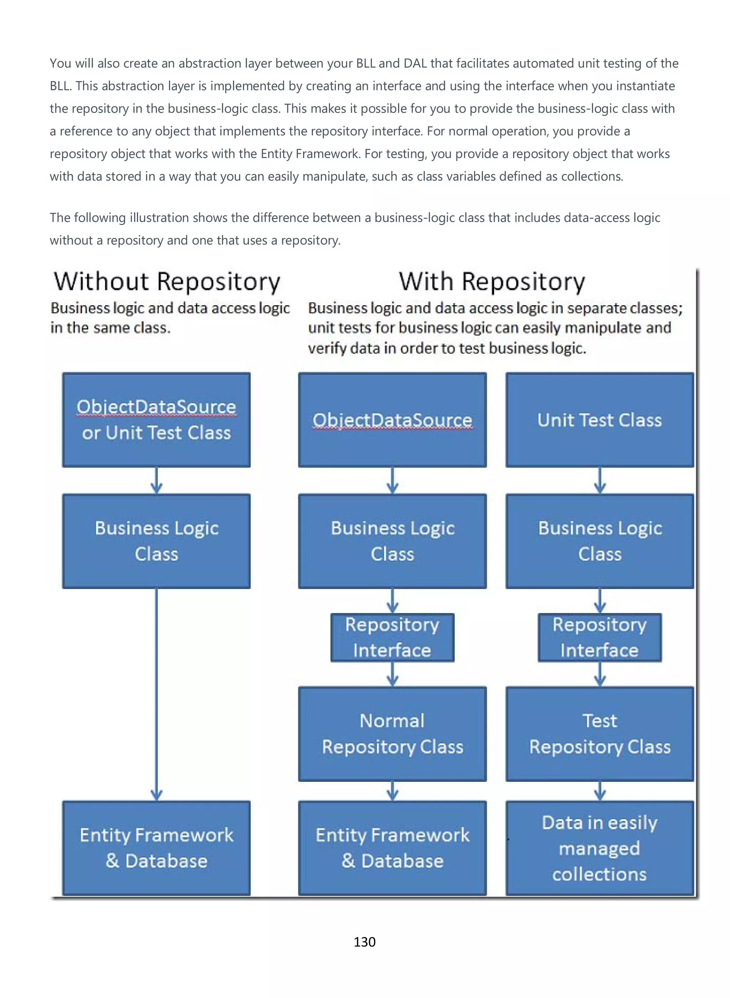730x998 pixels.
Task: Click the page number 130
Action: (x=365, y=942)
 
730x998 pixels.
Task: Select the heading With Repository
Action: (x=492, y=282)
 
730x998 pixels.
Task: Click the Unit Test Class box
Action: (x=600, y=420)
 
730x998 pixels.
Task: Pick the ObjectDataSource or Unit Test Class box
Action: (x=156, y=420)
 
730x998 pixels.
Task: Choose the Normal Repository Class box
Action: (x=392, y=733)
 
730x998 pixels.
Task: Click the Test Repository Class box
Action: (x=600, y=733)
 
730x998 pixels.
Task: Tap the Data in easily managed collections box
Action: (x=600, y=848)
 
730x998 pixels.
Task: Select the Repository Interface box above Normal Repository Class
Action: (x=392, y=637)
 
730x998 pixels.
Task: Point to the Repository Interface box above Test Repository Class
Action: (x=600, y=637)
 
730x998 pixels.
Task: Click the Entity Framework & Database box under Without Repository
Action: (x=156, y=848)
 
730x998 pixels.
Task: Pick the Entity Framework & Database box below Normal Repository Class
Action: (x=392, y=848)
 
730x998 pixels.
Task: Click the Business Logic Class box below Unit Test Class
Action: (x=600, y=541)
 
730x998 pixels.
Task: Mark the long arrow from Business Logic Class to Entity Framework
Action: (x=156, y=693)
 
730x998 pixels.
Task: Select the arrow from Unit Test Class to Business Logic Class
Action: (x=600, y=480)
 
